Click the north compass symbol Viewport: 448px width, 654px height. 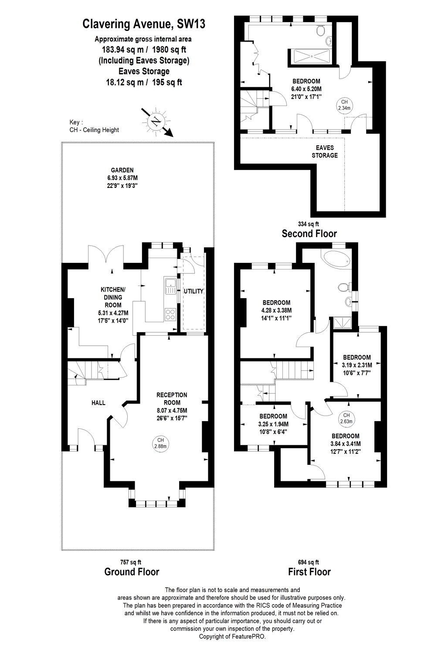157,122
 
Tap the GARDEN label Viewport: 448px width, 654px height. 122,170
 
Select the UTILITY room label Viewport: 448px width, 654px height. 193,291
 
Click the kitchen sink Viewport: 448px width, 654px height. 170,286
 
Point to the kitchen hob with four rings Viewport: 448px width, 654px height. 170,314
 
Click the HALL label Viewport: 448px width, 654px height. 98,403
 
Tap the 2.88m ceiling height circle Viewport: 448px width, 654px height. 160,443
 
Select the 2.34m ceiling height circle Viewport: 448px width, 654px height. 344,105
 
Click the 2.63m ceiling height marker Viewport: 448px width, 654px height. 346,418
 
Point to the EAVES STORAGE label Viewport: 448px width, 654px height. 325,152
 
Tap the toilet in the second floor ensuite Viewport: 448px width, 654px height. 321,31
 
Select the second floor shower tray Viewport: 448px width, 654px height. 312,56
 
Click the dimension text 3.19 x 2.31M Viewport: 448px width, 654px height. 356,365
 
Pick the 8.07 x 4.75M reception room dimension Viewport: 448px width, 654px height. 172,411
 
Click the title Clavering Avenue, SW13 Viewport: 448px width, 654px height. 143,24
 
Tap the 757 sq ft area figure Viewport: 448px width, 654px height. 131,562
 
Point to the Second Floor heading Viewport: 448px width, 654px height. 309,234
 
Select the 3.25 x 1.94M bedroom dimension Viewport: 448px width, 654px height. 274,424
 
